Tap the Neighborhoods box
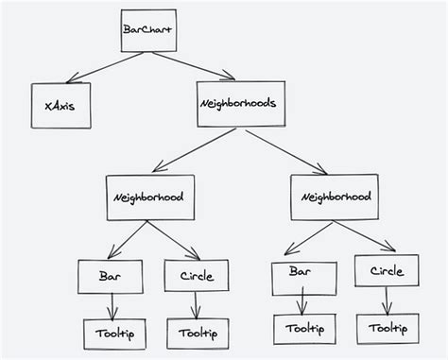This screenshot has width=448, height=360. (238, 104)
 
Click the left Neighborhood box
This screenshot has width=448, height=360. (149, 198)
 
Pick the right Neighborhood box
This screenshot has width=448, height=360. (335, 197)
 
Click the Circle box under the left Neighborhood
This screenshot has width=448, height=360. (196, 277)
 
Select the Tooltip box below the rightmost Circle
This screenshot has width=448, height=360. (388, 329)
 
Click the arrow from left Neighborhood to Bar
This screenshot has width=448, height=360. (128, 241)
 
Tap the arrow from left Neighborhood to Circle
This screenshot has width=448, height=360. (173, 241)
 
